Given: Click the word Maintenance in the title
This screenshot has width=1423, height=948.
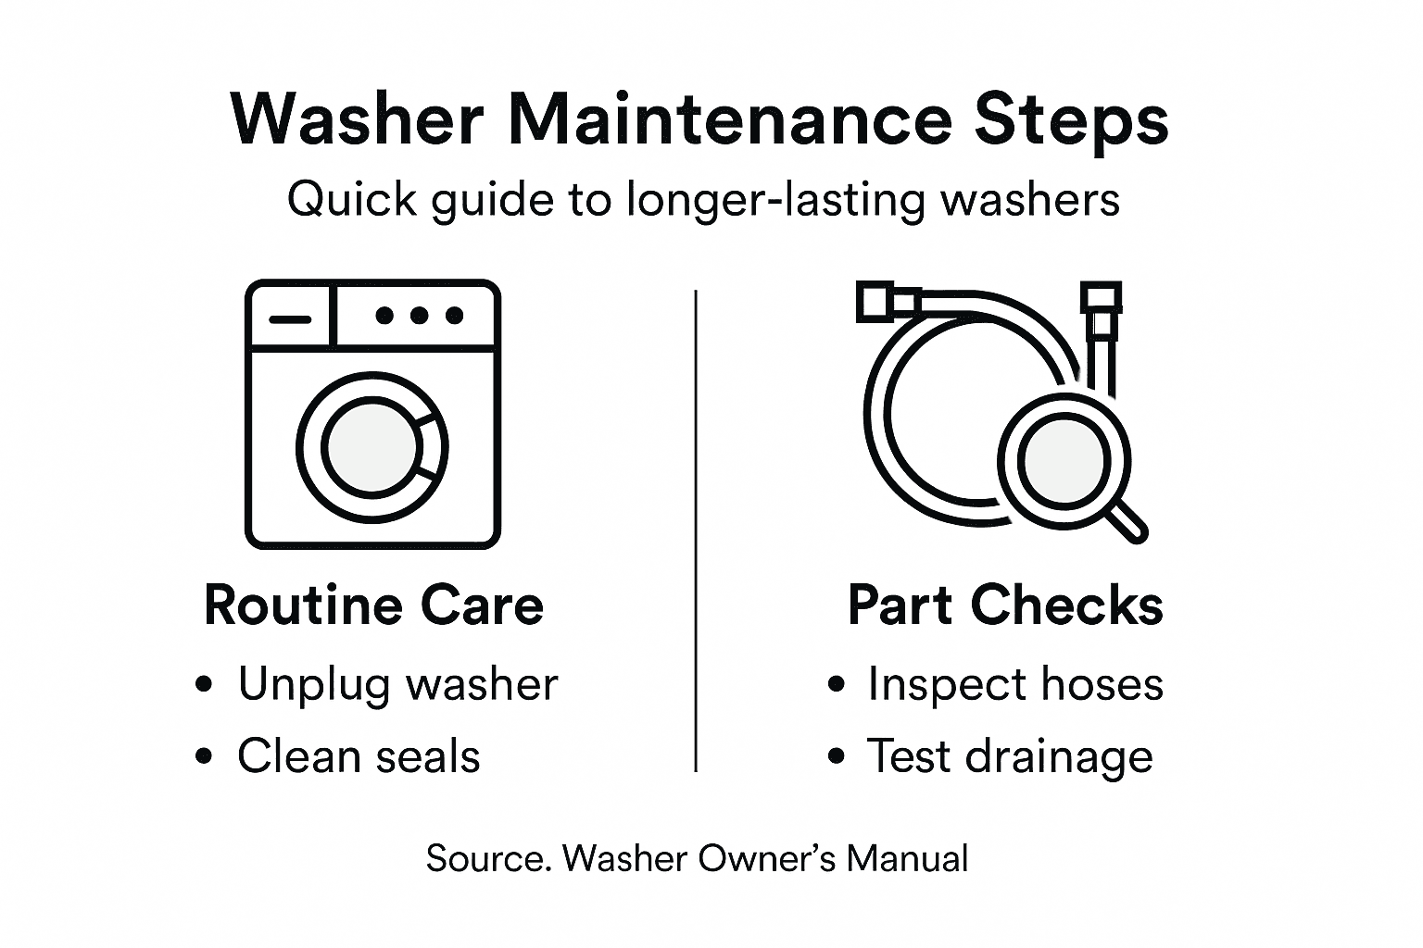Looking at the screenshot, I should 730,120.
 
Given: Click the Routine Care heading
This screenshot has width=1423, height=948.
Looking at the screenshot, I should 373,605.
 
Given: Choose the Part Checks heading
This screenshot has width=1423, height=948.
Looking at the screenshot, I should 1005,605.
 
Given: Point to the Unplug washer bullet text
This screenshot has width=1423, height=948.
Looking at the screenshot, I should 397,685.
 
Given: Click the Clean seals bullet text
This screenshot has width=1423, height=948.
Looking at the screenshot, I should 359,756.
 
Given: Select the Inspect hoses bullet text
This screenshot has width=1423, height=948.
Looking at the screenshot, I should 1014,685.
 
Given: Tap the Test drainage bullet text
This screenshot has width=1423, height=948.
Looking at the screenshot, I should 1010,757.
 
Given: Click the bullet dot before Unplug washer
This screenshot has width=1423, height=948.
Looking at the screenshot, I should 205,686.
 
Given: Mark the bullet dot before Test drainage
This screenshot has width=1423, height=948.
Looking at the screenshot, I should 837,757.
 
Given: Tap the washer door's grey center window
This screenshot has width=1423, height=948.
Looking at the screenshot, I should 371,447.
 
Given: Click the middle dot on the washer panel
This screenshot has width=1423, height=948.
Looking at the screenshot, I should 419,316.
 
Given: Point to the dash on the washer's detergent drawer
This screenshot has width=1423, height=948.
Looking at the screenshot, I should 290,318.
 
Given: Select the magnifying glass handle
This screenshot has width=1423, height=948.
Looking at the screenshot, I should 1127,521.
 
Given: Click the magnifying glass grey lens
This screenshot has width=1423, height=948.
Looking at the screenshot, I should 1064,459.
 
